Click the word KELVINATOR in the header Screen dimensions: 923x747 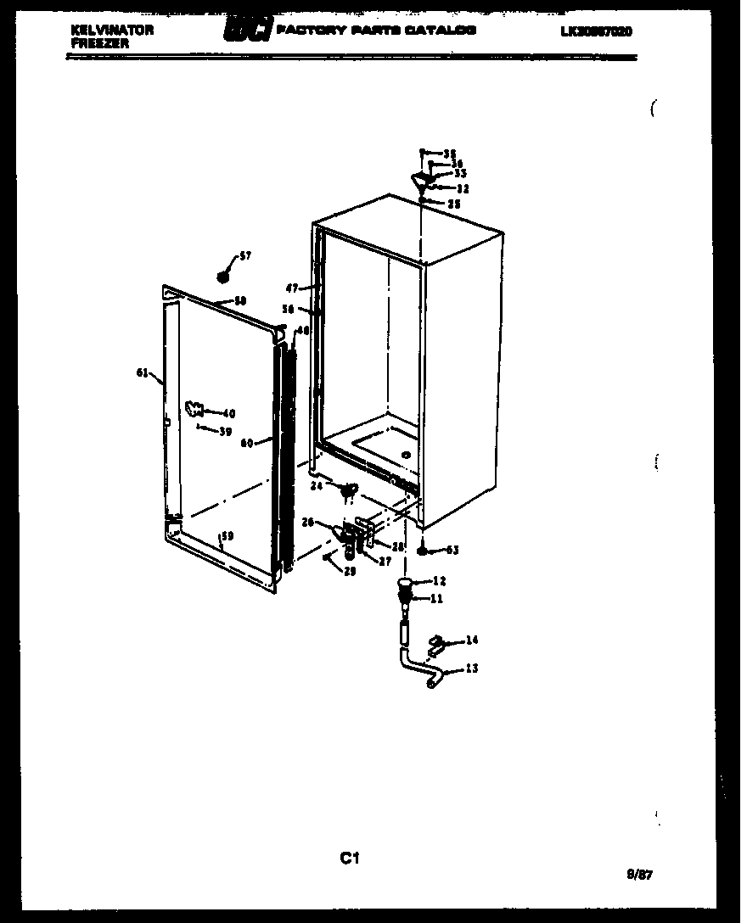point(112,30)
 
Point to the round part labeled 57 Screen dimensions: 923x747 point(224,276)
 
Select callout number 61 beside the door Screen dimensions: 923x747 point(142,372)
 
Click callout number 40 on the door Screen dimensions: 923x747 point(228,413)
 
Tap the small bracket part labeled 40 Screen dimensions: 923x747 point(194,410)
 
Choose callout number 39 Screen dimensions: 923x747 point(224,432)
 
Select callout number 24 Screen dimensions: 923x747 point(316,486)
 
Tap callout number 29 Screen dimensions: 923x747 point(350,571)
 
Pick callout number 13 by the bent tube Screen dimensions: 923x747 point(471,668)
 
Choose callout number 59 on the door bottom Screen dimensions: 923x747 point(227,535)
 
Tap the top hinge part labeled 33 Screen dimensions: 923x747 point(419,180)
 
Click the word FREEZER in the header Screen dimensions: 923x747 point(100,42)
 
